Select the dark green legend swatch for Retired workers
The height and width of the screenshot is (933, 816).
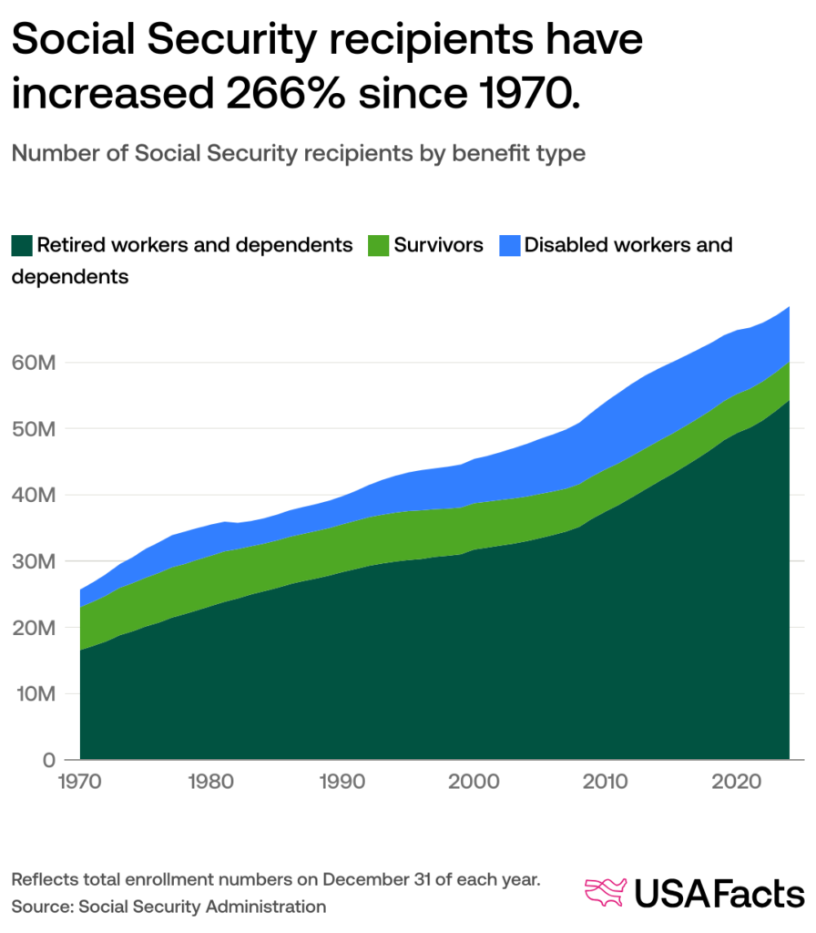click(22, 245)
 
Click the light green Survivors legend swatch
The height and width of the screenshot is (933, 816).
click(378, 245)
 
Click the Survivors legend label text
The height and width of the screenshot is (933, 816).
click(438, 245)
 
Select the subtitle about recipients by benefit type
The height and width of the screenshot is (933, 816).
click(298, 154)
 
